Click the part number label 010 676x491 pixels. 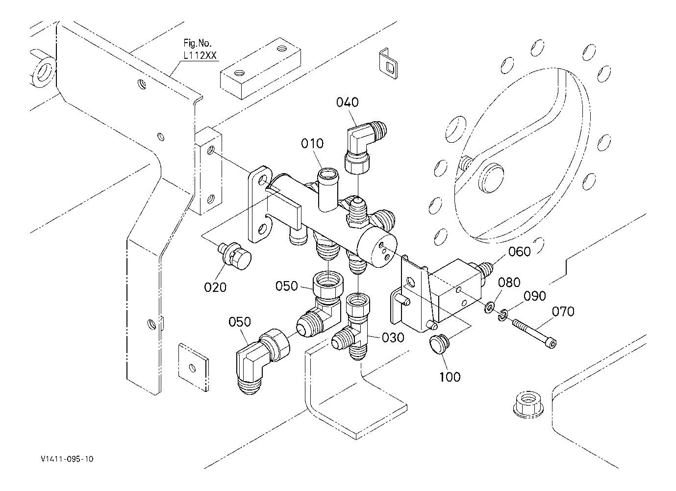(312, 143)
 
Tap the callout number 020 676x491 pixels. (215, 287)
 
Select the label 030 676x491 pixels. (393, 337)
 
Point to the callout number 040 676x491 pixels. (348, 103)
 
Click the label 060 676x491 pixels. (519, 252)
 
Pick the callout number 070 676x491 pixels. (563, 311)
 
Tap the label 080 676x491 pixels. (509, 283)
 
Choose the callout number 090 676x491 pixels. (535, 296)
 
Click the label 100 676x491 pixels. (450, 377)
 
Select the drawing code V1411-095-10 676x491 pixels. (67, 459)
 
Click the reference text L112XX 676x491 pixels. (200, 55)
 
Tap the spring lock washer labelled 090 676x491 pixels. (502, 315)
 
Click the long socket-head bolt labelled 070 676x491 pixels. (534, 334)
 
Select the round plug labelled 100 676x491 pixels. (439, 344)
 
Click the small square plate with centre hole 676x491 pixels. (193, 367)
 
